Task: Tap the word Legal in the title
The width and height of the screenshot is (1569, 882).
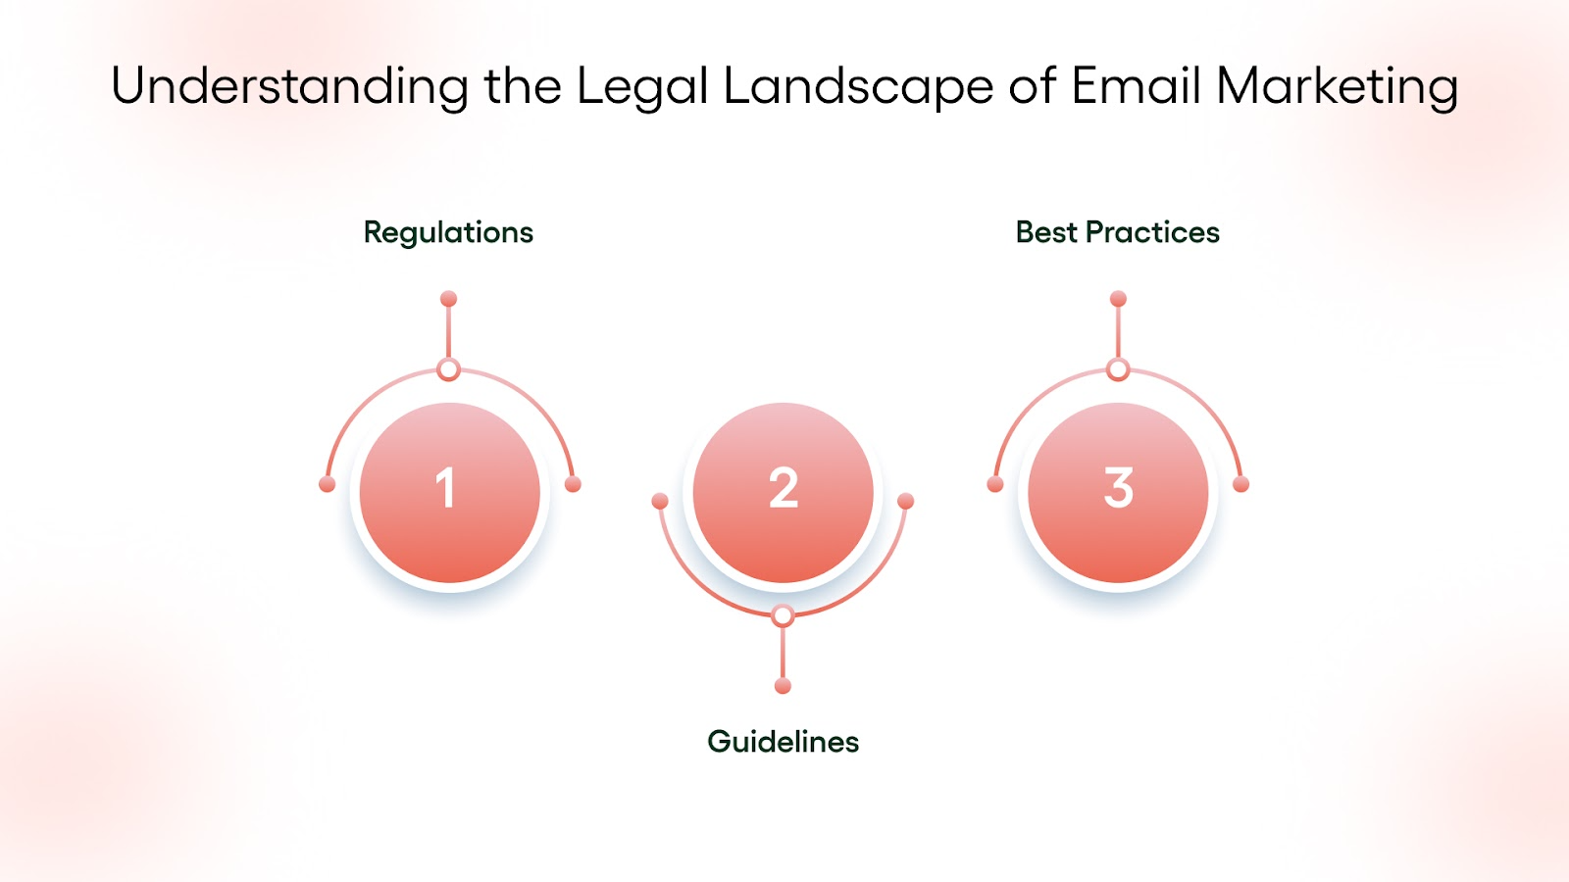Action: coord(641,86)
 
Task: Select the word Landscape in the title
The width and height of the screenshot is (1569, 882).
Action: coord(858,86)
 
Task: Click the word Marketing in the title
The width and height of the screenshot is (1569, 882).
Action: coord(1337,86)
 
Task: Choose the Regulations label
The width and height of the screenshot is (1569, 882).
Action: coord(448,232)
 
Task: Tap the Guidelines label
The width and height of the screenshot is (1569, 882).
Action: coord(783,742)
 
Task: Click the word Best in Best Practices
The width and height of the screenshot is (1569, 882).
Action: coord(1046,232)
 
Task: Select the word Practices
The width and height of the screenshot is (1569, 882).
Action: coord(1152,232)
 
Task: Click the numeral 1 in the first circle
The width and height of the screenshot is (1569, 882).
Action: coord(446,488)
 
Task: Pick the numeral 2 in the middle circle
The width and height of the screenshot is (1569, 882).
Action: coord(784,488)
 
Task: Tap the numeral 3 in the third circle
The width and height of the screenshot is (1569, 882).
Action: coord(1118,488)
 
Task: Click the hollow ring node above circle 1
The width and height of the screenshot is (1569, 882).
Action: coord(448,369)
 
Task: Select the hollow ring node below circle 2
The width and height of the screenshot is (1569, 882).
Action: coord(783,615)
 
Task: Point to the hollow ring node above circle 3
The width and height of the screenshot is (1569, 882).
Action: coord(1118,369)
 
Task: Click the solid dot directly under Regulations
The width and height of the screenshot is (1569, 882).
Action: coord(448,299)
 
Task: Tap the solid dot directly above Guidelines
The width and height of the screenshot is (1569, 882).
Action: coord(783,686)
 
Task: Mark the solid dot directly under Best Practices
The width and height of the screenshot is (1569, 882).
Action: coord(1118,299)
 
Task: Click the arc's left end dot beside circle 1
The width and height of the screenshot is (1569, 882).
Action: coord(328,484)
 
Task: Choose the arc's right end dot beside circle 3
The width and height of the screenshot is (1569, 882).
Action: coord(1240,484)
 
